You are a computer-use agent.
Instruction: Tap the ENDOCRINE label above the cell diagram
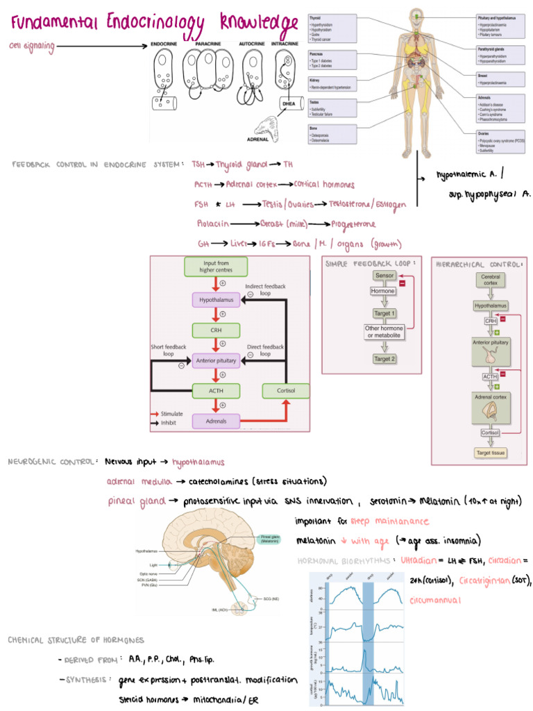click(x=167, y=44)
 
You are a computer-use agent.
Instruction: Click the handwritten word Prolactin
click(x=212, y=225)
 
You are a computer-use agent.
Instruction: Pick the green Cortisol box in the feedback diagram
click(x=285, y=391)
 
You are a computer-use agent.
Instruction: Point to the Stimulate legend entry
click(x=171, y=413)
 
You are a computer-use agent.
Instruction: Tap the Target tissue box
click(x=491, y=453)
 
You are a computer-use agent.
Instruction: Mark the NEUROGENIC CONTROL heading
click(x=53, y=461)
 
